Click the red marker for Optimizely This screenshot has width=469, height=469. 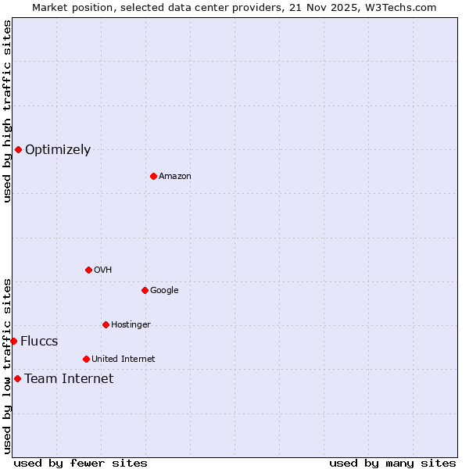pos(18,149)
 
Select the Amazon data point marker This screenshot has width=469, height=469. pos(153,176)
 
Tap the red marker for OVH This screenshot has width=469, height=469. pos(88,270)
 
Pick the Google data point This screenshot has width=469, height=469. pos(145,290)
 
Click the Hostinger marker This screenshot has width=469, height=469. pos(106,324)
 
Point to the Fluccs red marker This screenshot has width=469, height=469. pos(13,341)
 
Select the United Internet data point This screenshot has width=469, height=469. pos(86,359)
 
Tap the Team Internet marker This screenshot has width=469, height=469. pos(17,378)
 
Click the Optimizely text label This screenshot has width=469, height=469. pos(58,150)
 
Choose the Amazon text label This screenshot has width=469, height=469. pos(175,177)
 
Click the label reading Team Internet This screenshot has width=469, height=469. pos(69,379)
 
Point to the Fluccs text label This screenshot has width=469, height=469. pos(39,342)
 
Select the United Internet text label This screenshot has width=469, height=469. pos(124,360)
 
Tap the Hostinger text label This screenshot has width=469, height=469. pos(131,325)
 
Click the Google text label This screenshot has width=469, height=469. pos(164,291)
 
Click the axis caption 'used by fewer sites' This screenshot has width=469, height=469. pos(81,463)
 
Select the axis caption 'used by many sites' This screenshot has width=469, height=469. pos(392,463)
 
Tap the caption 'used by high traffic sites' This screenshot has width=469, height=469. pos(7,111)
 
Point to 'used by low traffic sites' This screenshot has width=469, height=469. pos(7,366)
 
